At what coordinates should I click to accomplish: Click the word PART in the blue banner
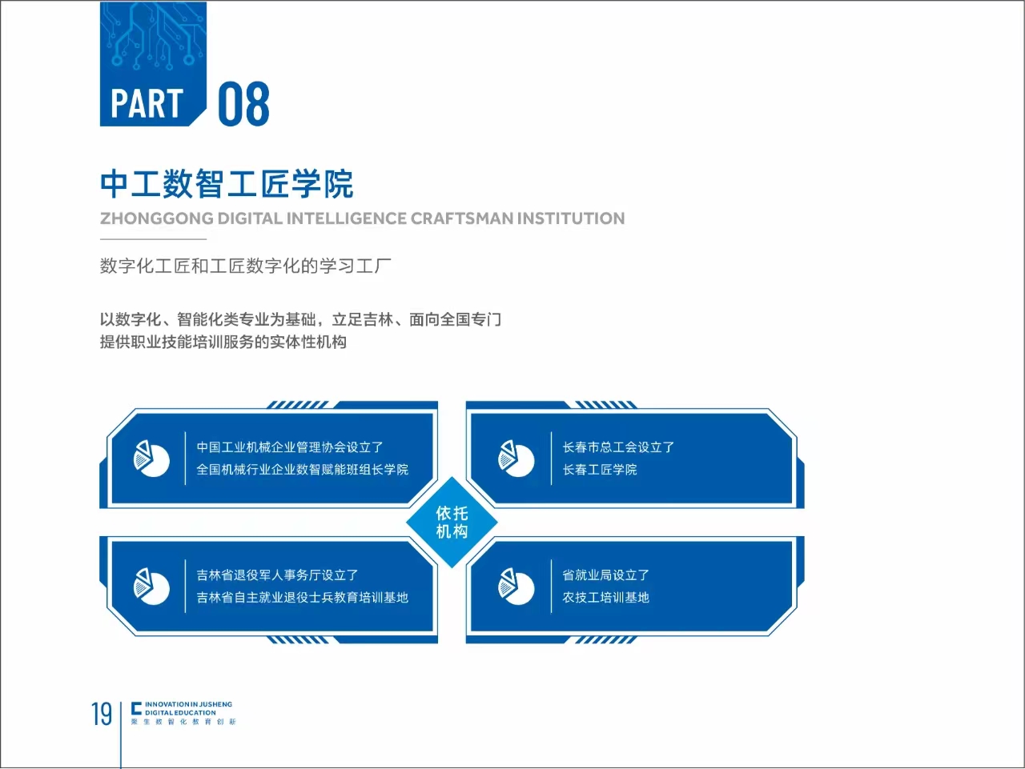pos(147,103)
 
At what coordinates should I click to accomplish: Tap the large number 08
pos(243,103)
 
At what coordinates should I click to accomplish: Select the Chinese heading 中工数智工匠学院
pos(227,184)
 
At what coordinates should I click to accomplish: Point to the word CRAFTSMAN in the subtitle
pos(461,218)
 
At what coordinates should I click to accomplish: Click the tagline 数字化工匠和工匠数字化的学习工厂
pos(246,266)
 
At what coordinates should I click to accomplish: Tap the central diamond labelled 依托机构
pos(452,523)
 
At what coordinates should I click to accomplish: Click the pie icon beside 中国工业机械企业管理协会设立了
pos(151,459)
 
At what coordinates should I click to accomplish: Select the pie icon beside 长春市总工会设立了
pos(516,459)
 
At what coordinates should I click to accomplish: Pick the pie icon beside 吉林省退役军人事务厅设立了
pos(151,586)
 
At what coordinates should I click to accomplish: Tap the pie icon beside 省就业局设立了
pos(516,586)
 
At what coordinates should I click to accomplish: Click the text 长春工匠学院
pos(600,470)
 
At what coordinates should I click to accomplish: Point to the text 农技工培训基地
pos(605,597)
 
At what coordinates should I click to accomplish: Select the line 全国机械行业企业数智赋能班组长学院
pos(303,470)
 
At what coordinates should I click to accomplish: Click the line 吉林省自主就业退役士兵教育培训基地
pos(303,597)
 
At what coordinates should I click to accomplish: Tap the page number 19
pos(102,714)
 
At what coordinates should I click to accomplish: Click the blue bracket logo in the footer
pos(136,708)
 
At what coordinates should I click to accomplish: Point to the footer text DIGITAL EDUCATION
pos(180,713)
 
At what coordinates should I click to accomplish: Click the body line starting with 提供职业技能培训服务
pos(223,342)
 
